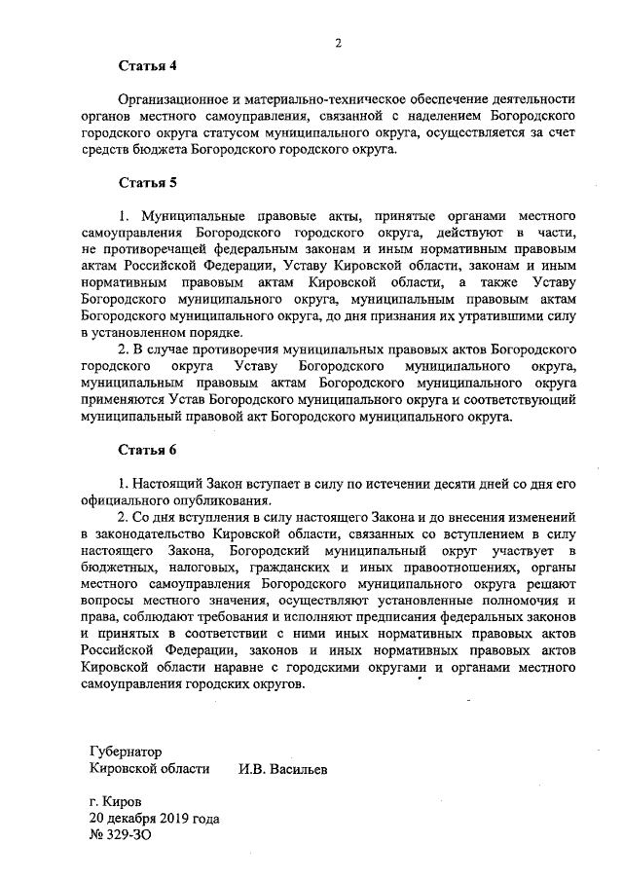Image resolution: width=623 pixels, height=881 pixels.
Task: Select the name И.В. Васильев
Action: point(283,768)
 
